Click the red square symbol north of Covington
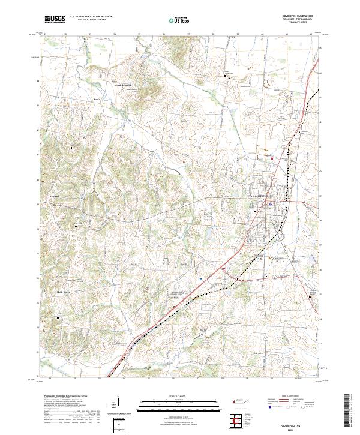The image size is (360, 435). [x=273, y=158]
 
